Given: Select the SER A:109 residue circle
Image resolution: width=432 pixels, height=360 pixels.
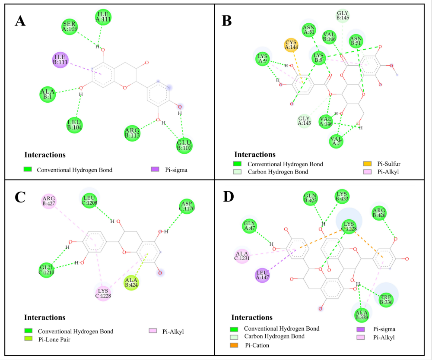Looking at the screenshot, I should click(x=69, y=27).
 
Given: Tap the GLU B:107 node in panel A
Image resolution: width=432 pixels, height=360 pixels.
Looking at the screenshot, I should click(x=184, y=145).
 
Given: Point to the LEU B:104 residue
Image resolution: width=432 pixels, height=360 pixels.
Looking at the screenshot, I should click(x=75, y=124).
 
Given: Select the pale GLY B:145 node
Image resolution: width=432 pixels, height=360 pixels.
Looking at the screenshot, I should click(x=343, y=16).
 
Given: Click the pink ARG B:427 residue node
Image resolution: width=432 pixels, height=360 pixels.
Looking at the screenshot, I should click(x=49, y=201).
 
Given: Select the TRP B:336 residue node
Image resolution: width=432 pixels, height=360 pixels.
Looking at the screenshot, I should click(x=386, y=298).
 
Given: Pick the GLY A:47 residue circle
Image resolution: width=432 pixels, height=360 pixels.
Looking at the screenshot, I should click(x=249, y=225).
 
